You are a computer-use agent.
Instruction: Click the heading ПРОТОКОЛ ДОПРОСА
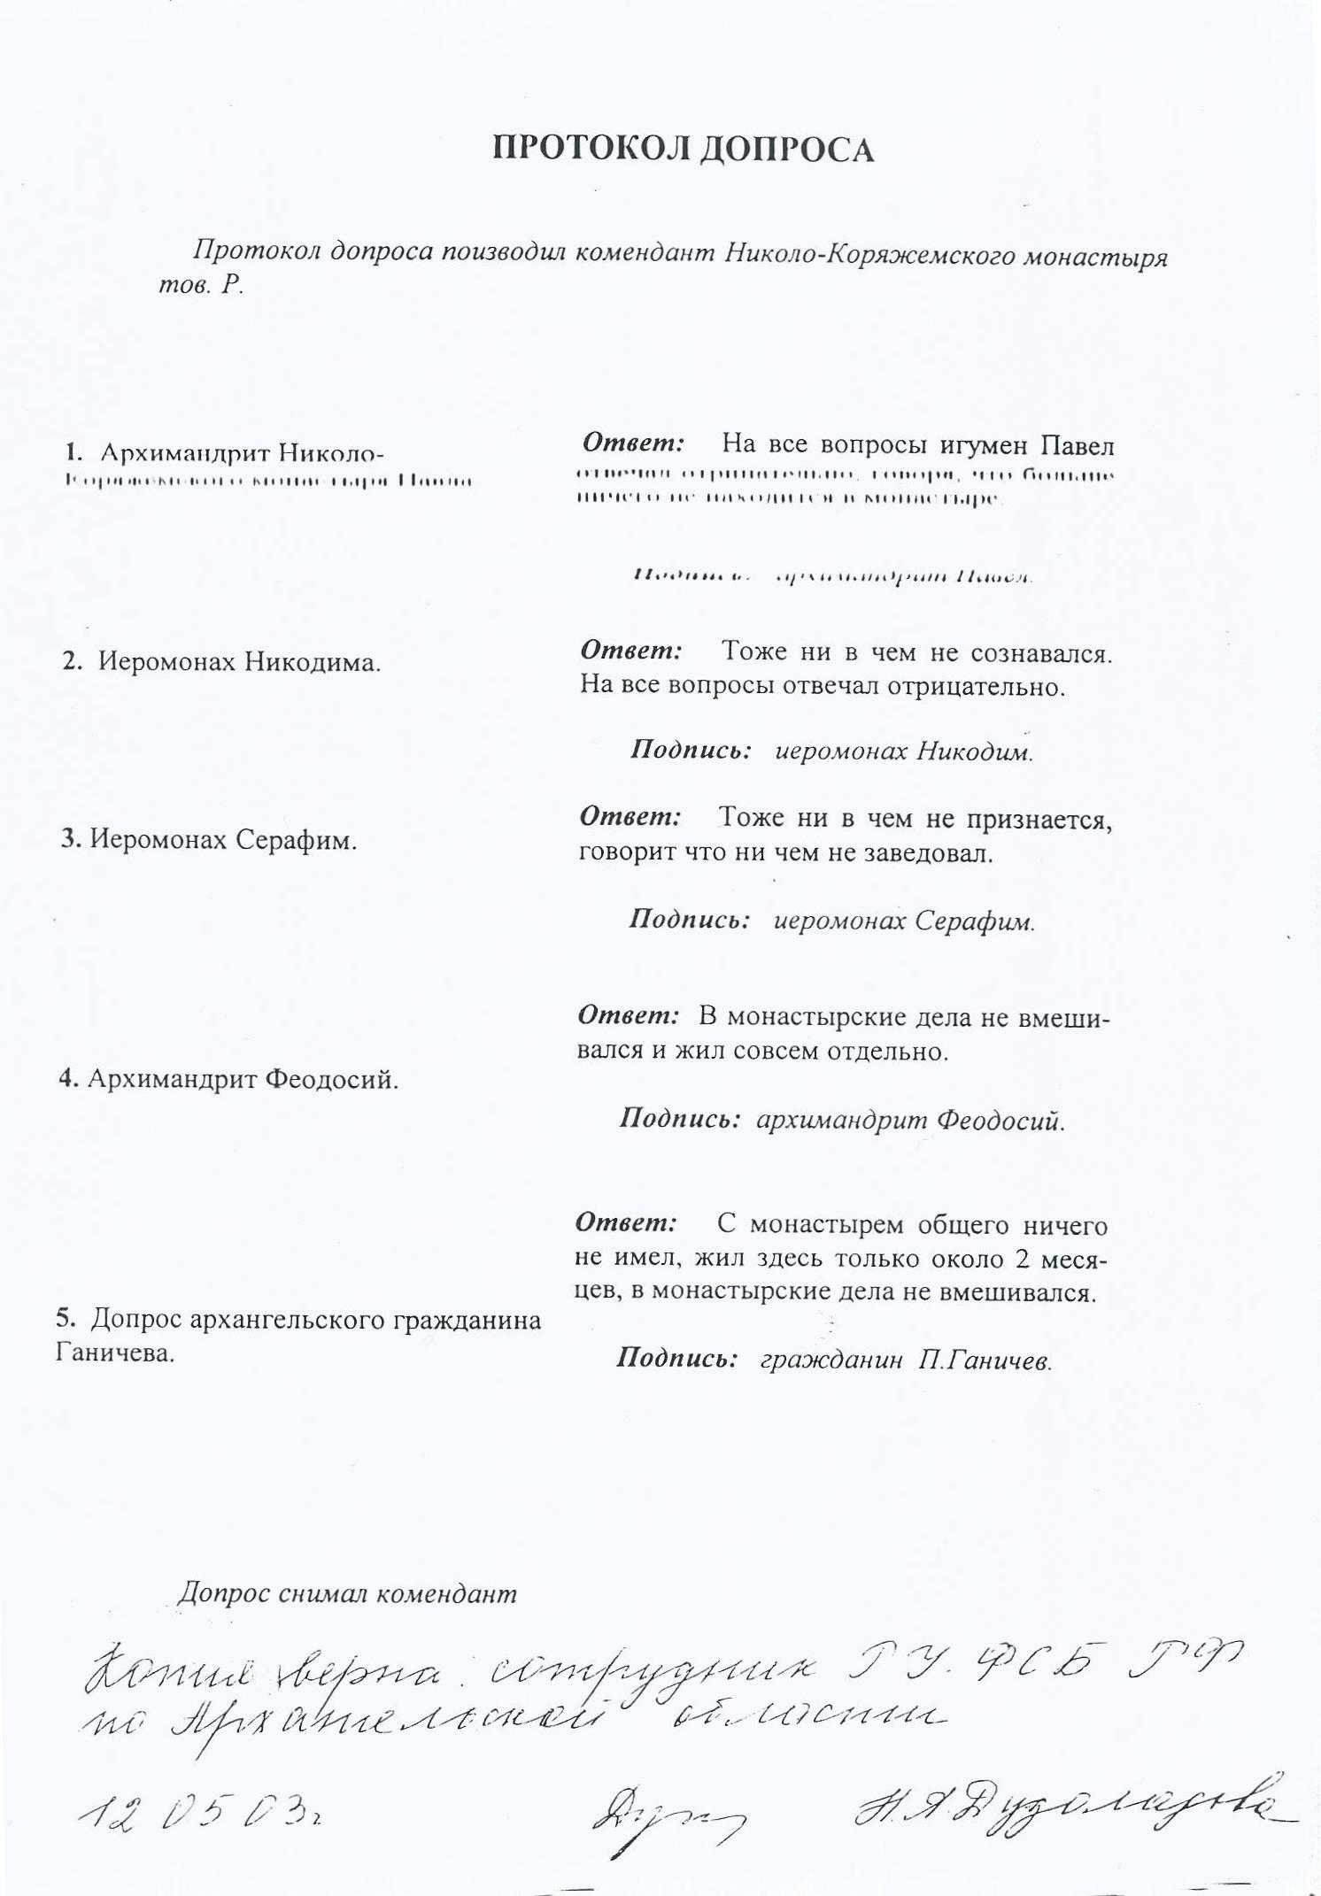(x=683, y=150)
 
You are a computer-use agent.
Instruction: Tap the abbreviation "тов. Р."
(x=200, y=287)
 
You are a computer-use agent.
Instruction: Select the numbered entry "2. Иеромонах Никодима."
(x=221, y=662)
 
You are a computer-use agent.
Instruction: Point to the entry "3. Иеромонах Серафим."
(x=209, y=839)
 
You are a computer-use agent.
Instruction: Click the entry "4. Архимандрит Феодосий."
(x=228, y=1079)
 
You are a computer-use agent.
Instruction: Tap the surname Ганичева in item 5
(x=115, y=1353)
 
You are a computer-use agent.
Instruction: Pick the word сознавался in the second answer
(x=1041, y=654)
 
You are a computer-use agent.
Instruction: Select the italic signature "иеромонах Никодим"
(x=904, y=751)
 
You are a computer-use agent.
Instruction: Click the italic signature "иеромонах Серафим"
(x=904, y=921)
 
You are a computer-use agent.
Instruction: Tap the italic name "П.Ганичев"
(x=985, y=1360)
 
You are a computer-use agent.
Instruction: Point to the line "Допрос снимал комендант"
(x=347, y=1594)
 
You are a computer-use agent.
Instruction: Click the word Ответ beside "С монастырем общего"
(x=626, y=1223)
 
